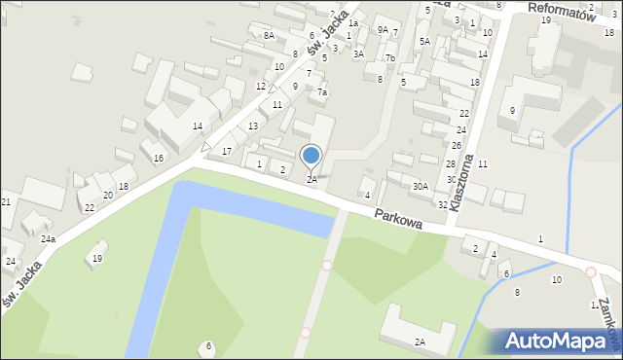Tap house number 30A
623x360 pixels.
click(420, 186)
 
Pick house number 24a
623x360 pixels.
click(48, 239)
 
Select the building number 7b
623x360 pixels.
click(389, 58)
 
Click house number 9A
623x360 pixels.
click(383, 30)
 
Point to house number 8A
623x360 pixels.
click(269, 35)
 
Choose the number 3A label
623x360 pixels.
click(358, 54)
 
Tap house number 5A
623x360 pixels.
click(424, 41)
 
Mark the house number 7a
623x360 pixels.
click(321, 92)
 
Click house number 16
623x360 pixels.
click(158, 158)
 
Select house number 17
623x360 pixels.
click(226, 151)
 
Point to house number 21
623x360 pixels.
click(6, 201)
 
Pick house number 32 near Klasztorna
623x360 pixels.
click(442, 204)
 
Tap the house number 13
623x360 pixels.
click(253, 126)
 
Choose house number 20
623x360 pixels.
click(108, 196)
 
